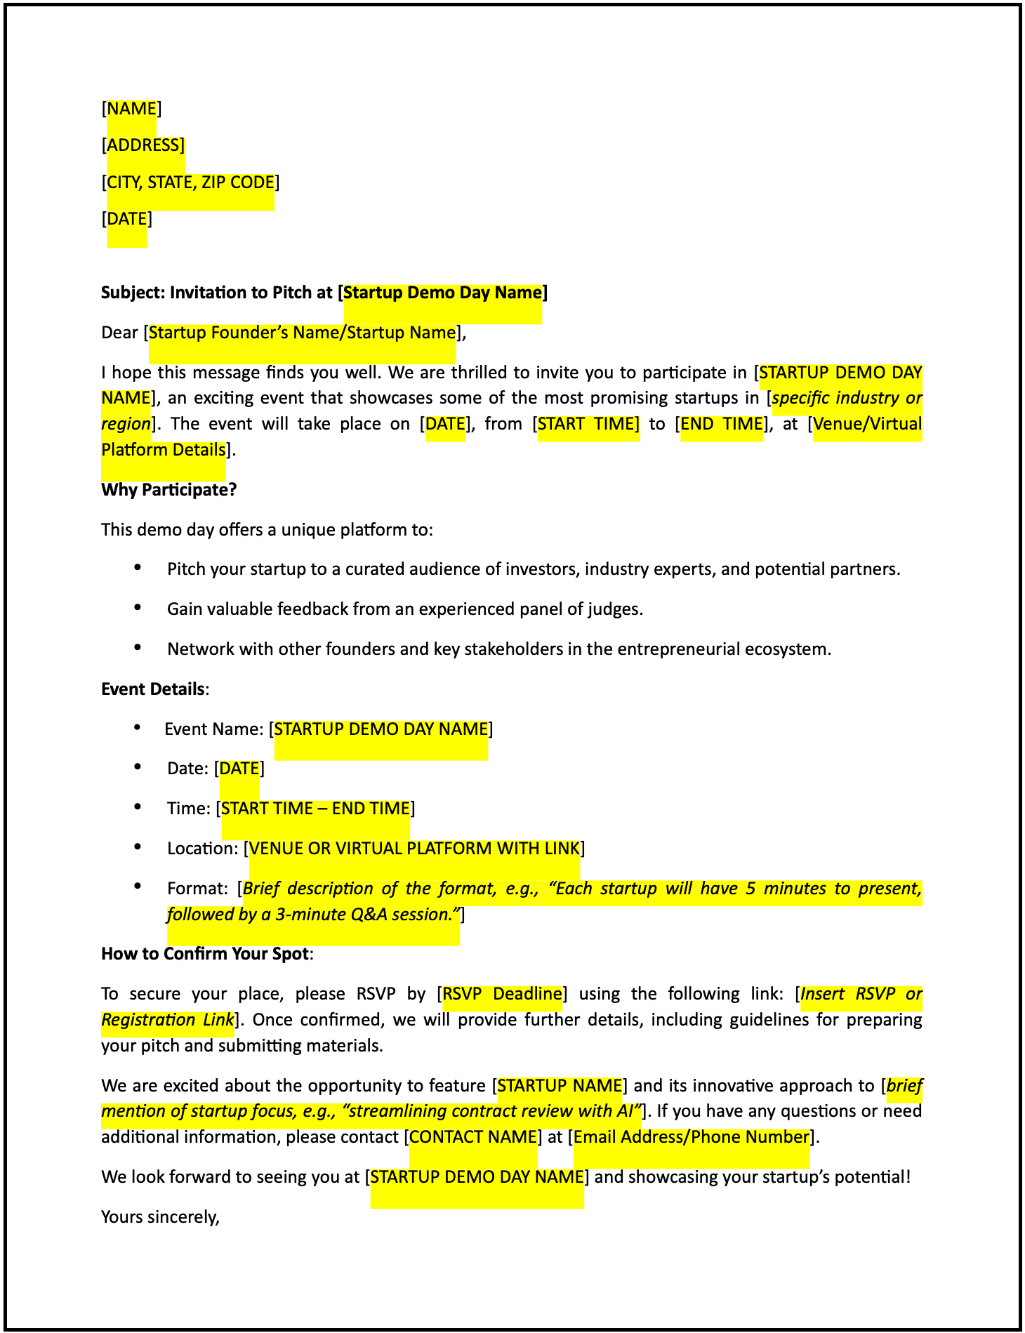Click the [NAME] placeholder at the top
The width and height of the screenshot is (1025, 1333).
pyautogui.click(x=131, y=109)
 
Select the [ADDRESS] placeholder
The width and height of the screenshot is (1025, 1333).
pyautogui.click(x=143, y=145)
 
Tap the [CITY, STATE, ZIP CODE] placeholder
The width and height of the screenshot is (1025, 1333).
pyautogui.click(x=190, y=183)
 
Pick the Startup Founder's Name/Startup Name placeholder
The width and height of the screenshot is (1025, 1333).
pyautogui.click(x=302, y=333)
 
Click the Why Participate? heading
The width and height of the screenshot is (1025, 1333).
pyautogui.click(x=169, y=489)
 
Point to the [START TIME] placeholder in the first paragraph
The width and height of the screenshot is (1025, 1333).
pyautogui.click(x=588, y=424)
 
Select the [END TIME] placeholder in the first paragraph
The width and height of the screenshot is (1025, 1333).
pyautogui.click(x=722, y=424)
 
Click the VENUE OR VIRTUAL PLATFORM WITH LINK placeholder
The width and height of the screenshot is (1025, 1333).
pyautogui.click(x=414, y=849)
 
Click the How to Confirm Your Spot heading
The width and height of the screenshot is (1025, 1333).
pyautogui.click(x=205, y=954)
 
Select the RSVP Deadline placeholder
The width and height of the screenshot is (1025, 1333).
pyautogui.click(x=502, y=994)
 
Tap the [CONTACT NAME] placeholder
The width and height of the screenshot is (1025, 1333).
pyautogui.click(x=473, y=1137)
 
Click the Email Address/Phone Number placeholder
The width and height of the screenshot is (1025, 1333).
pyautogui.click(x=692, y=1137)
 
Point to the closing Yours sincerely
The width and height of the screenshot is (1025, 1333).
pyautogui.click(x=161, y=1216)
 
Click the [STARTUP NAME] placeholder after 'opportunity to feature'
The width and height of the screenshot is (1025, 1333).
pyautogui.click(x=560, y=1086)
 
